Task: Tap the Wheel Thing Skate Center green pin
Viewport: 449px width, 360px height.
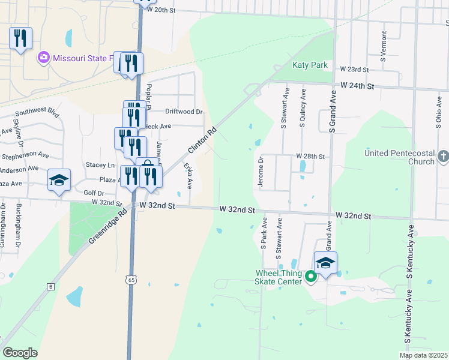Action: click(x=310, y=277)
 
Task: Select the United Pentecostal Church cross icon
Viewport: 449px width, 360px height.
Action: click(x=443, y=157)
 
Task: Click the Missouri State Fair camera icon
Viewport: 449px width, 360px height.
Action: click(x=43, y=58)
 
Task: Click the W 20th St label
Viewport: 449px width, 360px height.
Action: click(x=164, y=10)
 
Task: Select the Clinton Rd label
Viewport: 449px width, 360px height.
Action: click(x=201, y=140)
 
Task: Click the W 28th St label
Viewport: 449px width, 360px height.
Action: click(x=310, y=157)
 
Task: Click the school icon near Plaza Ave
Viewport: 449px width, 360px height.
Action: click(x=59, y=180)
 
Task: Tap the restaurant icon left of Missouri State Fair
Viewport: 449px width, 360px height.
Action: click(x=21, y=38)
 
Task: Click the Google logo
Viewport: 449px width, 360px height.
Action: click(x=20, y=352)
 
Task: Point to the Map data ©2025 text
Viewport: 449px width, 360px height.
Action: click(x=423, y=355)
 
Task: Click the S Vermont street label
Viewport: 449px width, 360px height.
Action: click(x=383, y=47)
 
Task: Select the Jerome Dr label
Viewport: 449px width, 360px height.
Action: click(x=261, y=173)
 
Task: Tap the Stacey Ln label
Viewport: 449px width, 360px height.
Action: click(x=100, y=164)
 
